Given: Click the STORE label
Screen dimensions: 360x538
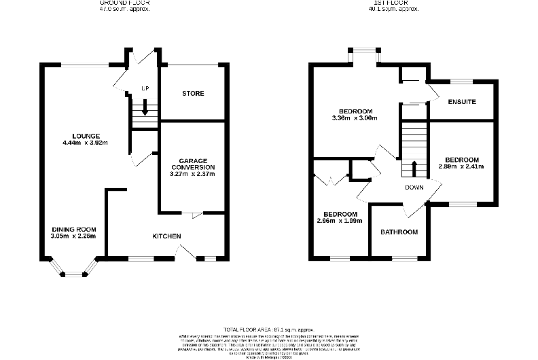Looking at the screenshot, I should (193, 93).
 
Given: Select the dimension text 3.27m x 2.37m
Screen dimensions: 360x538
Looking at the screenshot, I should (193, 173).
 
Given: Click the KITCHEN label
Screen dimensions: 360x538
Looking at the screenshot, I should (166, 236).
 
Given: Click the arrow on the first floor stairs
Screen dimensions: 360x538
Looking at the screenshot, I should (414, 168).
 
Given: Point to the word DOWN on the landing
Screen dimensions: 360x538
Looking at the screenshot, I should (414, 187).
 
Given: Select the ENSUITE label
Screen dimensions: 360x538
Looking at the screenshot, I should (462, 102).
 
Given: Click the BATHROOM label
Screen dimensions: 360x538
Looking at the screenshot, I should (399, 232).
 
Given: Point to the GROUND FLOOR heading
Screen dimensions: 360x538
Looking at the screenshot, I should (123, 3).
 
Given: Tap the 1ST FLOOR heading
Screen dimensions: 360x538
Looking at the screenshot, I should (393, 3).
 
